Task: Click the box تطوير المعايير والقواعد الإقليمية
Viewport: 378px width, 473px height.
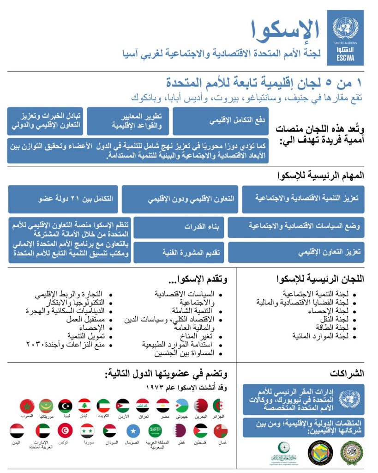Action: coord(128,121)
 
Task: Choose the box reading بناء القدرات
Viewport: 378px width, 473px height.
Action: coord(179,227)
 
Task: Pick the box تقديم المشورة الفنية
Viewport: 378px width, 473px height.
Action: coord(179,252)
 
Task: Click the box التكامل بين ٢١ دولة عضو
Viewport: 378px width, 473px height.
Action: coord(64,199)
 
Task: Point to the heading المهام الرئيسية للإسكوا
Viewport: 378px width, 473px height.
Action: coord(321,176)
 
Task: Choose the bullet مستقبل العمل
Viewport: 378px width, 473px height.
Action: coord(87,319)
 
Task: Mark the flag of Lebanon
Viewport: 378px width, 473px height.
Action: coord(84,406)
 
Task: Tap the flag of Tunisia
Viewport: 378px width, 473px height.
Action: coord(65,431)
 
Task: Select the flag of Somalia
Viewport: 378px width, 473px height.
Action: coord(135,431)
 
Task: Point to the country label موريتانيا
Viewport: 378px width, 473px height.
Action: coord(46,417)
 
